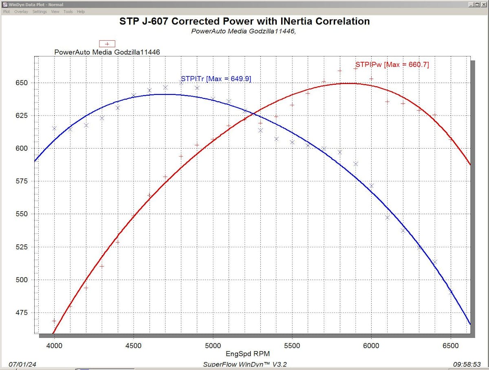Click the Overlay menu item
[21, 12]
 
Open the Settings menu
[40, 12]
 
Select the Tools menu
[68, 12]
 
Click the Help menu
[81, 12]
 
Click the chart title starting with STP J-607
[244, 21]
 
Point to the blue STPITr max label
[216, 79]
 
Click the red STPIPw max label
[392, 64]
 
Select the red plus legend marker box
[108, 44]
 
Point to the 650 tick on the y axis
[26, 83]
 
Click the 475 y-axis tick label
[26, 313]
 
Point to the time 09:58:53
[469, 364]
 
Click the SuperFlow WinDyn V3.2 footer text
[244, 364]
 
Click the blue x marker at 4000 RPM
[54, 129]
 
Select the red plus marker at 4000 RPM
[54, 321]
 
